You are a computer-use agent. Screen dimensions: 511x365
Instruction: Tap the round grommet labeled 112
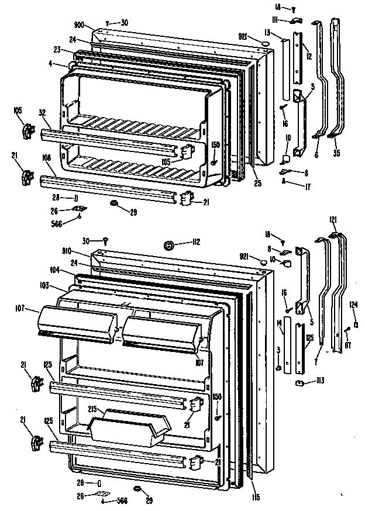(x=169, y=246)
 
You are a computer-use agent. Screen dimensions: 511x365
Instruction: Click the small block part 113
(x=299, y=384)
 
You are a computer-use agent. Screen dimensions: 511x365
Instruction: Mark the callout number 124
(x=354, y=303)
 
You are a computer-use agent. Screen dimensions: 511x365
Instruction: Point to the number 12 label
(x=309, y=57)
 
